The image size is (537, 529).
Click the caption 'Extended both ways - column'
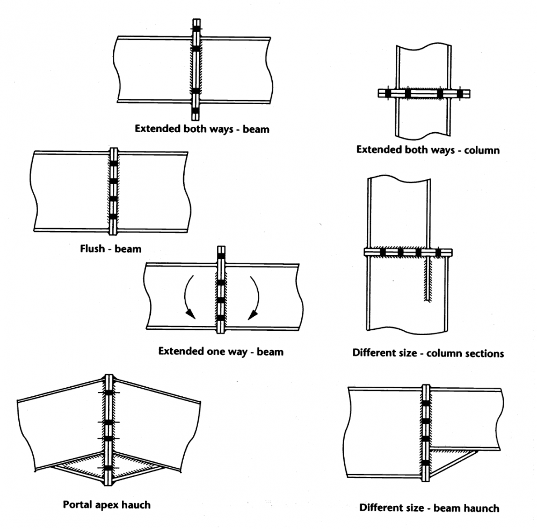click(428, 149)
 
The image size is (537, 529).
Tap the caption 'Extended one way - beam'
click(221, 352)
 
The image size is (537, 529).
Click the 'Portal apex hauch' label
click(107, 504)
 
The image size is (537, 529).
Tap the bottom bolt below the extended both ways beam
click(196, 112)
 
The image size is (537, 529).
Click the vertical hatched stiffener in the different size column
click(426, 279)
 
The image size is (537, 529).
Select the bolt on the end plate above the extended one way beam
click(221, 256)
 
